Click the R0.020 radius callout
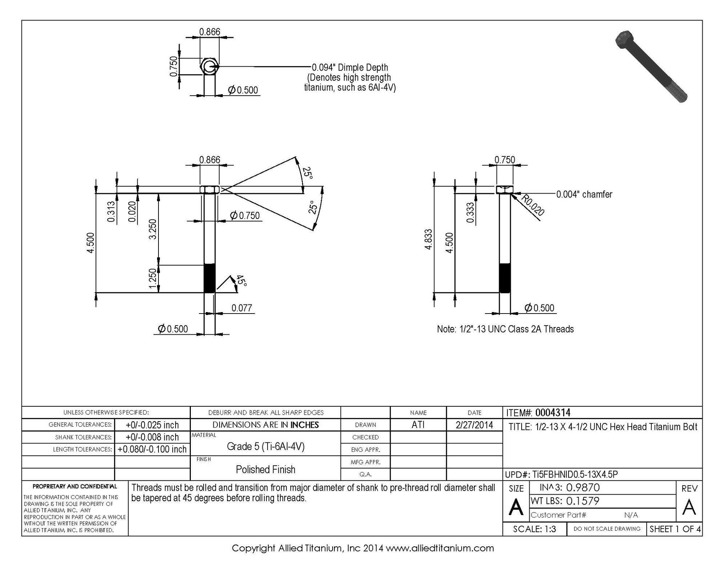(x=533, y=205)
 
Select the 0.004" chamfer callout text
(x=584, y=194)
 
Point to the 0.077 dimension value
(x=242, y=308)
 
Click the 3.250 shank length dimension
(x=153, y=229)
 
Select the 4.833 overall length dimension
(x=429, y=239)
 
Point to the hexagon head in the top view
(x=210, y=66)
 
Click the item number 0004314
(x=553, y=412)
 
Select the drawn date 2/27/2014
(x=474, y=425)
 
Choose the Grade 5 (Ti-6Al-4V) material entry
(x=266, y=446)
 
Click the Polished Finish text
(x=266, y=470)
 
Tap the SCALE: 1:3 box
(x=535, y=529)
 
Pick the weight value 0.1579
(x=583, y=501)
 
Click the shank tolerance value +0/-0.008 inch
(x=152, y=437)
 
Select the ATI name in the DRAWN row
(x=418, y=425)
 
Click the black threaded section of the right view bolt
(x=505, y=278)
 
